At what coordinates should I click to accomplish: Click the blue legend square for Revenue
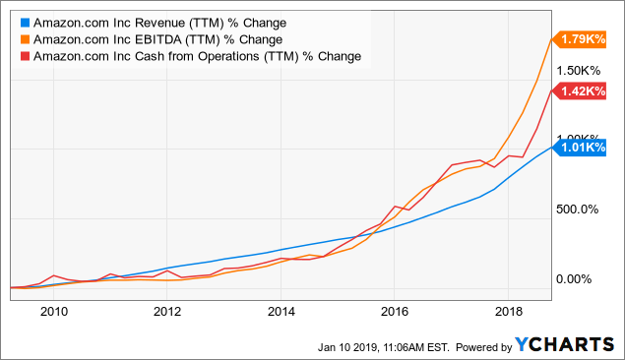(26, 23)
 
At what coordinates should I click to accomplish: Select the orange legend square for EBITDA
(26, 39)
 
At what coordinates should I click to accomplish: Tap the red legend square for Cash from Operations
(26, 56)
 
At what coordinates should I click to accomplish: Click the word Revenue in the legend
(159, 23)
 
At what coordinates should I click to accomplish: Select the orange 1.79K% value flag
(579, 39)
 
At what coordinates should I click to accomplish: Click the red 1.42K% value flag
(579, 91)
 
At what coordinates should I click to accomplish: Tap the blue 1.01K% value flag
(579, 148)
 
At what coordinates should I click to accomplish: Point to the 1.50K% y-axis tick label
(578, 71)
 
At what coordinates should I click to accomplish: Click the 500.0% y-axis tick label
(577, 210)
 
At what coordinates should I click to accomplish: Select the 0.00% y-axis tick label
(574, 278)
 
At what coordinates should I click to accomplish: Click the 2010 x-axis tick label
(54, 312)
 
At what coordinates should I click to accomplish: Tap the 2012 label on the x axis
(167, 312)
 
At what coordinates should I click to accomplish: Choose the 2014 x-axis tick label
(281, 312)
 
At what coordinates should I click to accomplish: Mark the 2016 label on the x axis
(395, 312)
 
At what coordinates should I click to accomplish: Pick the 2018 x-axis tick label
(509, 312)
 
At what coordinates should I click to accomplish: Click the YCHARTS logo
(564, 345)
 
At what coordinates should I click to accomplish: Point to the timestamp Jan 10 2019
(347, 347)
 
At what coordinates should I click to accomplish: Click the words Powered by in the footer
(483, 347)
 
